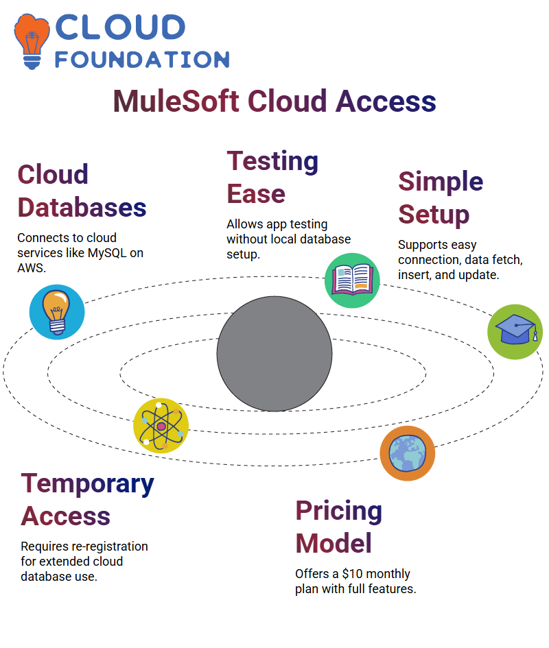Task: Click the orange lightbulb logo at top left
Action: click(32, 41)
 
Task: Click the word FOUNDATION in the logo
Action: click(142, 60)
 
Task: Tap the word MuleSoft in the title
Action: click(176, 101)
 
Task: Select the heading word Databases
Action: click(82, 207)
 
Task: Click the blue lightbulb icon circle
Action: click(57, 312)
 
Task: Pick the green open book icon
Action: click(352, 280)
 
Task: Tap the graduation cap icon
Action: click(515, 332)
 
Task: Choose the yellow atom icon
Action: click(161, 426)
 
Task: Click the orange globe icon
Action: click(408, 453)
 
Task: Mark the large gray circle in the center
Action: click(274, 354)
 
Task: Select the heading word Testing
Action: click(272, 161)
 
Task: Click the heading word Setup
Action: click(434, 215)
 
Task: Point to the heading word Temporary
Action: click(88, 484)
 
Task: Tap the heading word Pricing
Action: click(339, 512)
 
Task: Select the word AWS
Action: click(32, 268)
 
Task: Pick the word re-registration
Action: click(110, 547)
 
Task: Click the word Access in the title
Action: click(386, 101)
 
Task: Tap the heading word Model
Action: click(334, 543)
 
